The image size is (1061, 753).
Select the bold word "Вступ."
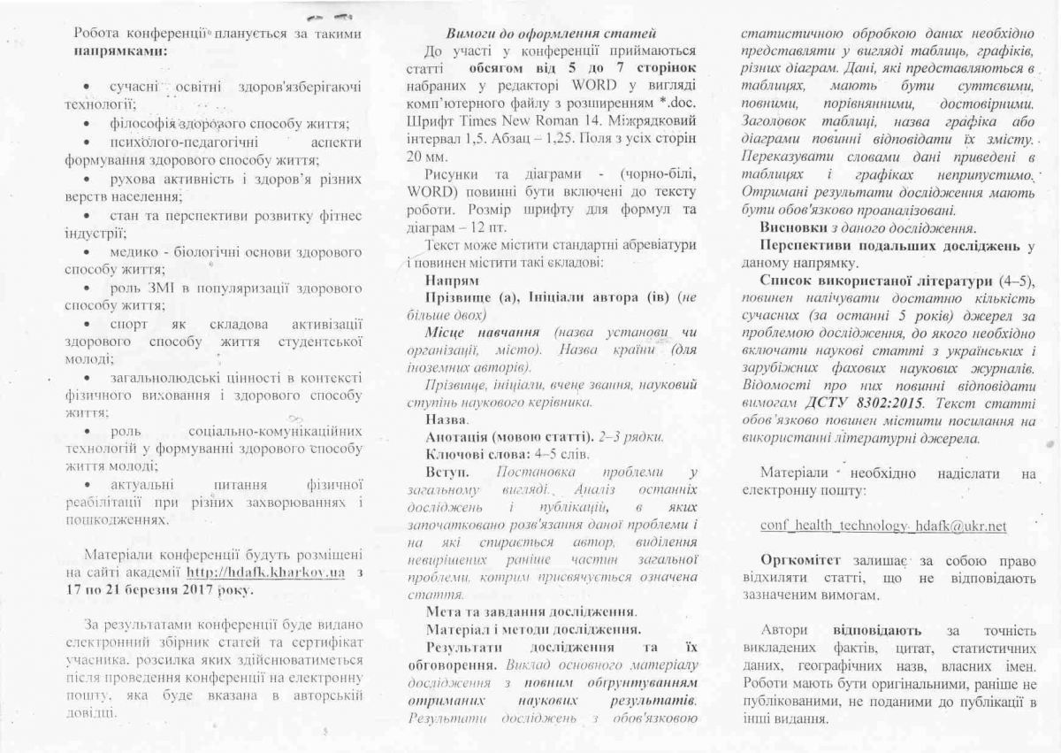point(447,472)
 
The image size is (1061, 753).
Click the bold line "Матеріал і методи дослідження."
point(533,630)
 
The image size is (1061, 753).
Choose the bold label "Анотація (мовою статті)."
point(509,436)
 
